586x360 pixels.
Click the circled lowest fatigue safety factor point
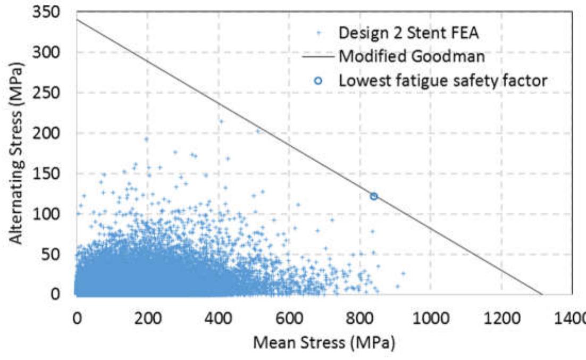(374, 197)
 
